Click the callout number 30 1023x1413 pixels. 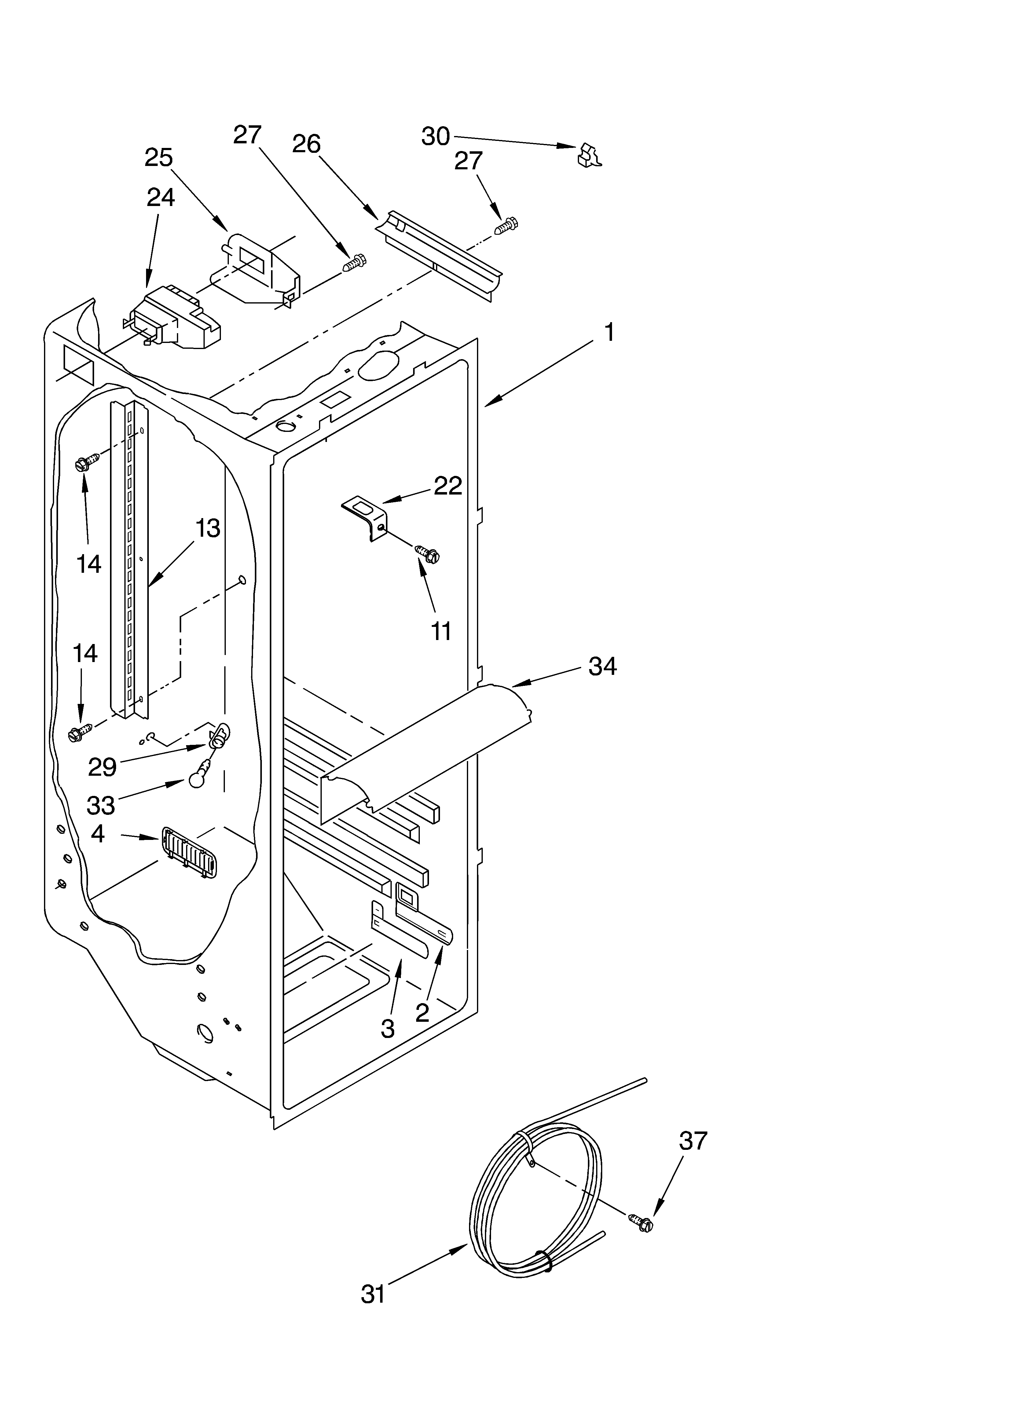[x=435, y=136]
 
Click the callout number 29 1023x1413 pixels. [x=102, y=767]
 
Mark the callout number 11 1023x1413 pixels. [x=441, y=631]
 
